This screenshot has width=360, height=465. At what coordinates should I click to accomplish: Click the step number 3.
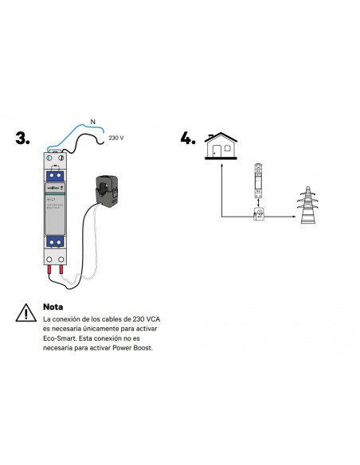[23, 138]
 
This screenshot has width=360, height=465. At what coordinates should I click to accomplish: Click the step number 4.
[188, 138]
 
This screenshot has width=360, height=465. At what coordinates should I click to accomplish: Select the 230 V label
[115, 138]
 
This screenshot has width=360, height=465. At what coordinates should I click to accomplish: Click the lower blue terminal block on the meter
[55, 241]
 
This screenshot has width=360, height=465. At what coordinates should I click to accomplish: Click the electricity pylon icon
[308, 205]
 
